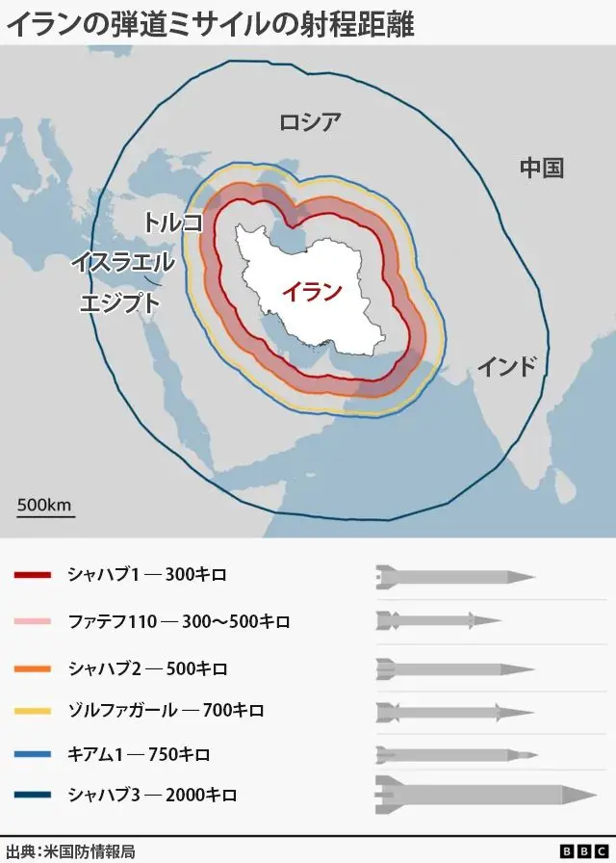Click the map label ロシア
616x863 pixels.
[x=310, y=122]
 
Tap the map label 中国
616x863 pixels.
[x=541, y=168]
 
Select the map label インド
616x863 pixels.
[x=506, y=367]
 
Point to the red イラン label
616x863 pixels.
[x=311, y=292]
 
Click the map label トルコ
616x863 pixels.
[x=173, y=222]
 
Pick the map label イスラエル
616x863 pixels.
[x=122, y=262]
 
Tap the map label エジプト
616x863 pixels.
[x=119, y=302]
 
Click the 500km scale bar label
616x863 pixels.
[x=44, y=505]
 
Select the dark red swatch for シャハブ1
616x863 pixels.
[x=33, y=576]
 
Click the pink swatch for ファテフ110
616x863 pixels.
[x=33, y=622]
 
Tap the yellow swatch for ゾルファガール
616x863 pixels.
[x=33, y=711]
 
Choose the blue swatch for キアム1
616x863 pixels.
[x=33, y=754]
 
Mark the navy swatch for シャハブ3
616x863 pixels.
[x=33, y=796]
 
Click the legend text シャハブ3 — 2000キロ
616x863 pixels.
[x=152, y=796]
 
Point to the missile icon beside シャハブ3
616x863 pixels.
[x=486, y=794]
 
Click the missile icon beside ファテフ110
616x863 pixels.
[x=439, y=619]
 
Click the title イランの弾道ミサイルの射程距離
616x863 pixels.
[x=210, y=23]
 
